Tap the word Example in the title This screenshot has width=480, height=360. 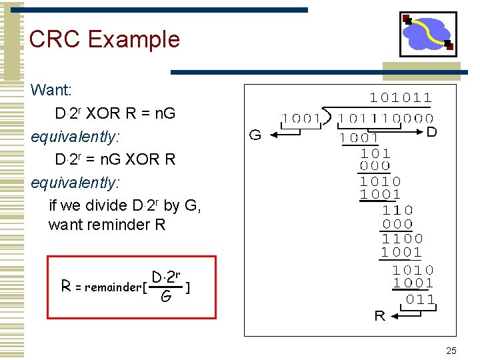(133, 39)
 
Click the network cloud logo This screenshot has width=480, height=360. (427, 34)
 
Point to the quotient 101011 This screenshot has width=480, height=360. (401, 98)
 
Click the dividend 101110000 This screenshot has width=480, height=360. (385, 119)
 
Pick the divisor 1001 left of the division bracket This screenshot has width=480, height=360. (301, 119)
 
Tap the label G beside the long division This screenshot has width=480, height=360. (255, 135)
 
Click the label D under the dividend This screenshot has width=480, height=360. (431, 133)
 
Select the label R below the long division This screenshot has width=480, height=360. (379, 316)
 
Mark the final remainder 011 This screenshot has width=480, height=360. (421, 299)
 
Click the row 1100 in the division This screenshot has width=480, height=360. (402, 238)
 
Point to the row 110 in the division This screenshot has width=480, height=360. (398, 209)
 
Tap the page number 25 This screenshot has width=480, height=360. (451, 351)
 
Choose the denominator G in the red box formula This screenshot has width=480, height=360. (165, 296)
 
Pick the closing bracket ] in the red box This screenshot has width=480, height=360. (191, 287)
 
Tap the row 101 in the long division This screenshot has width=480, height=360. (375, 152)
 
